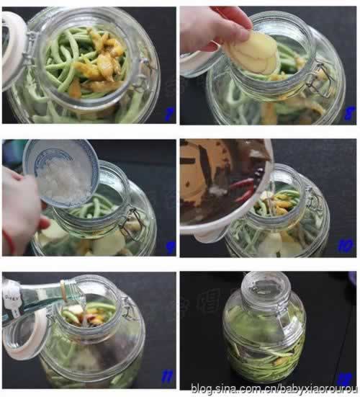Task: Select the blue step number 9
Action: click(169, 247)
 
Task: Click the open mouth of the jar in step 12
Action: click(264, 285)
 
